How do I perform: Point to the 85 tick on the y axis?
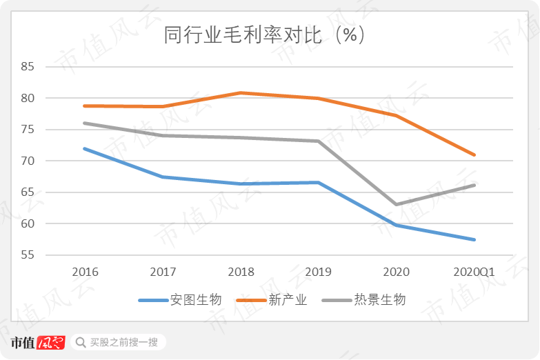28,67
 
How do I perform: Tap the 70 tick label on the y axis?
28,161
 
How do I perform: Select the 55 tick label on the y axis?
28,255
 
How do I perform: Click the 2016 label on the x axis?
84,272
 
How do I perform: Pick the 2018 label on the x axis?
240,272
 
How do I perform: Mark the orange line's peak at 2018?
240,92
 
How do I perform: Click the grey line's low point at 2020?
397,204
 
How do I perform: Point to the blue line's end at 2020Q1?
474,239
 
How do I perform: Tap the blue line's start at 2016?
84,148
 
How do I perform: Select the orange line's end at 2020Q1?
474,154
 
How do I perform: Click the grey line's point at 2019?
318,141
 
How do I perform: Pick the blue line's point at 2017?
162,177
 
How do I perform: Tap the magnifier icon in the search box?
80,342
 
